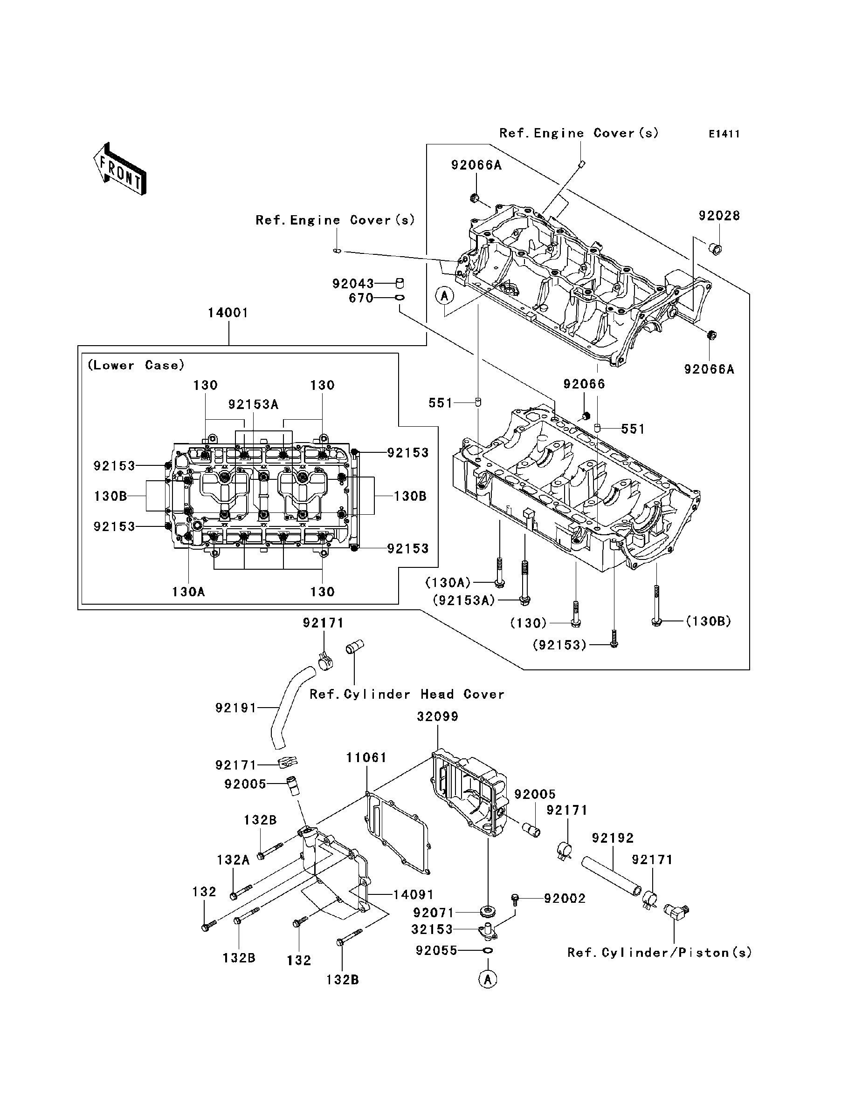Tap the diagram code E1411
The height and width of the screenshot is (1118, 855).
pyautogui.click(x=724, y=134)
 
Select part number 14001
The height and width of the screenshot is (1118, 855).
pyautogui.click(x=228, y=313)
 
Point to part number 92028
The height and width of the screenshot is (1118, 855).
pyautogui.click(x=719, y=216)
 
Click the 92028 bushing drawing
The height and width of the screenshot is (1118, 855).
pyautogui.click(x=716, y=249)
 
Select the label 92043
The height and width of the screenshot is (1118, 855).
pyautogui.click(x=353, y=283)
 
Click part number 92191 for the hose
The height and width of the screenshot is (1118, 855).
pyautogui.click(x=236, y=707)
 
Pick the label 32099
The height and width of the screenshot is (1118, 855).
pyautogui.click(x=438, y=716)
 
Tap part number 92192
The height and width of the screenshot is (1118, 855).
pyautogui.click(x=613, y=838)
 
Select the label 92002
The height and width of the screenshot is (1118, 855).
pyautogui.click(x=565, y=899)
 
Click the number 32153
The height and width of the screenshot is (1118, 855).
pyautogui.click(x=432, y=929)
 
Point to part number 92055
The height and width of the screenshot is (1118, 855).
pyautogui.click(x=437, y=951)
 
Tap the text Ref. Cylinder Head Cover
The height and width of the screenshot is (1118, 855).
pyautogui.click(x=407, y=695)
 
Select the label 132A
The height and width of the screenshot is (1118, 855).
pyautogui.click(x=233, y=860)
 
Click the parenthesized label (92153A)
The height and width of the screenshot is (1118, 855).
pyautogui.click(x=464, y=600)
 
